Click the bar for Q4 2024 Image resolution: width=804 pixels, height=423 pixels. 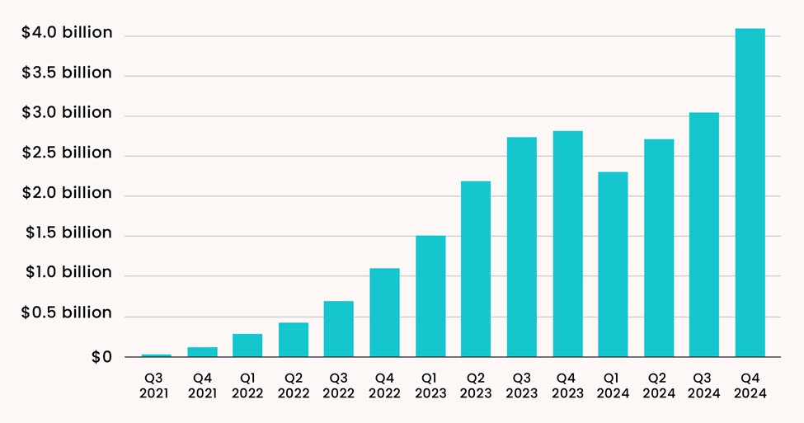tap(750, 193)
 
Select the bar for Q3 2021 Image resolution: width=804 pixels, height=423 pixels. tap(156, 355)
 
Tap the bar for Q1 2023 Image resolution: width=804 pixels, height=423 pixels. tap(430, 296)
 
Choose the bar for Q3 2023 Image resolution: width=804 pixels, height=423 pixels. tap(521, 247)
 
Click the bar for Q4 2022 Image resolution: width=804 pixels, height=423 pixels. tap(384, 313)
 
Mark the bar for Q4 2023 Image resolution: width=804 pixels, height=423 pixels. tap(567, 244)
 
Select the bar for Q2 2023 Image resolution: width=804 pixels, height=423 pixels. tap(476, 269)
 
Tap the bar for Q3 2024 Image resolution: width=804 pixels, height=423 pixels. tap(704, 234)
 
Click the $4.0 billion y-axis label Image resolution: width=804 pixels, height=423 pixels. tap(67, 33)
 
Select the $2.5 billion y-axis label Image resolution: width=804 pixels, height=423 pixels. tap(67, 153)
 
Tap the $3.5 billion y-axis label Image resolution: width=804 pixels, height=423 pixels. tap(67, 73)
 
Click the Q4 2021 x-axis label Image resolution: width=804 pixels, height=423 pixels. tap(202, 386)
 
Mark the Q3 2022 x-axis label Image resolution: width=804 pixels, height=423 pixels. tap(339, 386)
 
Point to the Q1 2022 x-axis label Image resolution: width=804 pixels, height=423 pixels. tap(247, 386)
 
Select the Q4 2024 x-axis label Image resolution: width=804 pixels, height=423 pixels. tap(750, 386)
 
